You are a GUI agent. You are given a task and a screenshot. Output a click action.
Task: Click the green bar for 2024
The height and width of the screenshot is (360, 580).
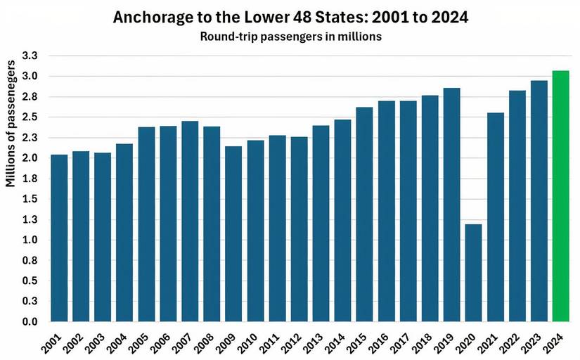(560, 196)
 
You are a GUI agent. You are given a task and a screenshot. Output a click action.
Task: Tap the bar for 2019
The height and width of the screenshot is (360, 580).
(451, 205)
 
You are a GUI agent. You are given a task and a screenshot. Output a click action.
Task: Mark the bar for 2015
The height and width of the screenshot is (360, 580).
(364, 214)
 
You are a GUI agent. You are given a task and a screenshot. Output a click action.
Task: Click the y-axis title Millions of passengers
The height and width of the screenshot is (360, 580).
(11, 124)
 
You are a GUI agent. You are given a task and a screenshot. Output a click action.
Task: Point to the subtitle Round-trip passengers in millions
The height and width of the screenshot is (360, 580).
(290, 37)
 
